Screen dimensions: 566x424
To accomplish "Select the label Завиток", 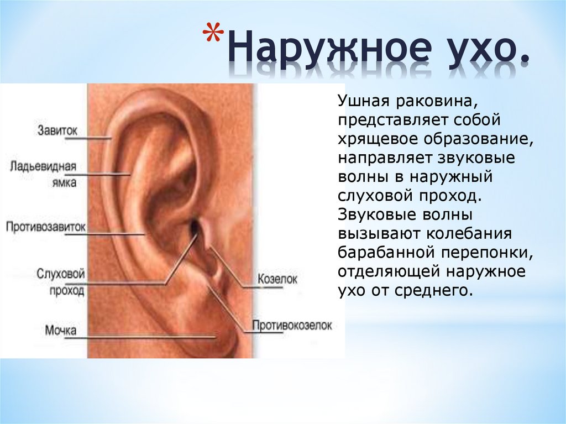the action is pos(57,130).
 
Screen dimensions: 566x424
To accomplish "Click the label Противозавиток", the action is pos(46,227).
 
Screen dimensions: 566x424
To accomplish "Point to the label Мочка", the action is pos(61,330).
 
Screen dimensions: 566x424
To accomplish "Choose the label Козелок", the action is pos(277,279).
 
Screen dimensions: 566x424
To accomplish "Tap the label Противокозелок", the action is pos(292,325).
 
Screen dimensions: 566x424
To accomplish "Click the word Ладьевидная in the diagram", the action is pos(43,166).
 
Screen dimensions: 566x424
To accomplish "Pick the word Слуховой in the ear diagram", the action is pos(61,274).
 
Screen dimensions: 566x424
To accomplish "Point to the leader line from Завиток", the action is pos(95,138).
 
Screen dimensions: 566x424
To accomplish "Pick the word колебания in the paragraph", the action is pos(469,234).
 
